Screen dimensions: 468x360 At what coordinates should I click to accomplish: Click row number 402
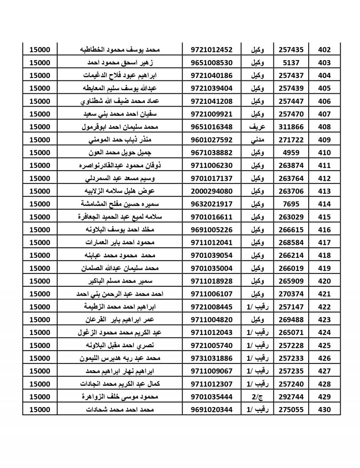[324, 50]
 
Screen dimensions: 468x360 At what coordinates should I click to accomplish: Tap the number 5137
[291, 63]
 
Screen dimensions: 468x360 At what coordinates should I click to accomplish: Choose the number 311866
[291, 127]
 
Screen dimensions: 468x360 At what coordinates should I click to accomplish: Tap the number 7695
[291, 204]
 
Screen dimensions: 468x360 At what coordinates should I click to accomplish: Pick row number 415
[324, 217]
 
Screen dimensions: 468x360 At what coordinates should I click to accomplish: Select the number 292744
[291, 396]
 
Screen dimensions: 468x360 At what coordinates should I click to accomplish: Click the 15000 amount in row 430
[40, 410]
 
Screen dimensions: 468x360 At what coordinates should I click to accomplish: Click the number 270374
[291, 294]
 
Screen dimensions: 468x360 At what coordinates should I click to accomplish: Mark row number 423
[324, 319]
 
